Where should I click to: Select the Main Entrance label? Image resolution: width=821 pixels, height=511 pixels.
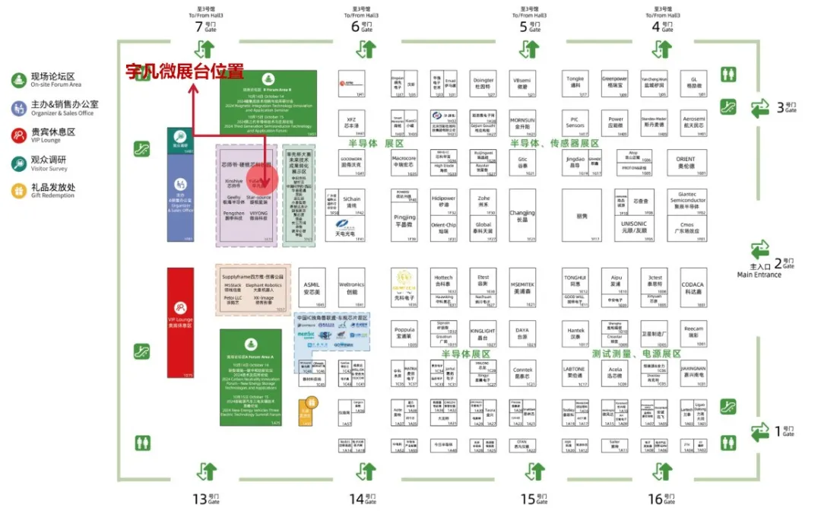click(759, 275)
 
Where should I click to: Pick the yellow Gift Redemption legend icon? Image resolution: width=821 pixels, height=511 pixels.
click(17, 190)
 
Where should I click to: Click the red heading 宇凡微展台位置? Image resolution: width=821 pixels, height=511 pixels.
click(185, 72)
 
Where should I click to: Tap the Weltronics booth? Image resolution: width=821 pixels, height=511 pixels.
click(351, 287)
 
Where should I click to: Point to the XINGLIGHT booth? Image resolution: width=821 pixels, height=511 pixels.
click(482, 334)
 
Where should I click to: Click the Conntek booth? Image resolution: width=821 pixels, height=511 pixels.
click(522, 373)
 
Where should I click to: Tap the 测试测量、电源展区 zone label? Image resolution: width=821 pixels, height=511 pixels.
click(636, 354)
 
